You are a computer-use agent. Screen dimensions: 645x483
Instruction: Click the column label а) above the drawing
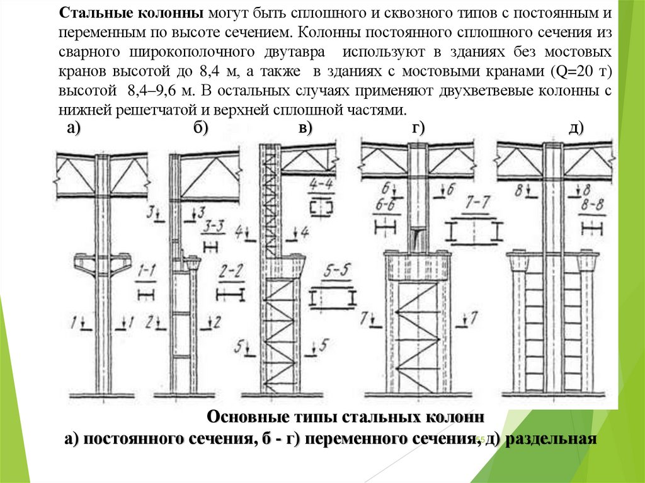tap(74, 129)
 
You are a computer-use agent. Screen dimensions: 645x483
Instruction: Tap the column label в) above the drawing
tap(305, 129)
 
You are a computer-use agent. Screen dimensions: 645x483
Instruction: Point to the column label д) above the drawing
tap(576, 129)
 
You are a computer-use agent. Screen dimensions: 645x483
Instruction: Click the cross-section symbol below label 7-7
tap(474, 231)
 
